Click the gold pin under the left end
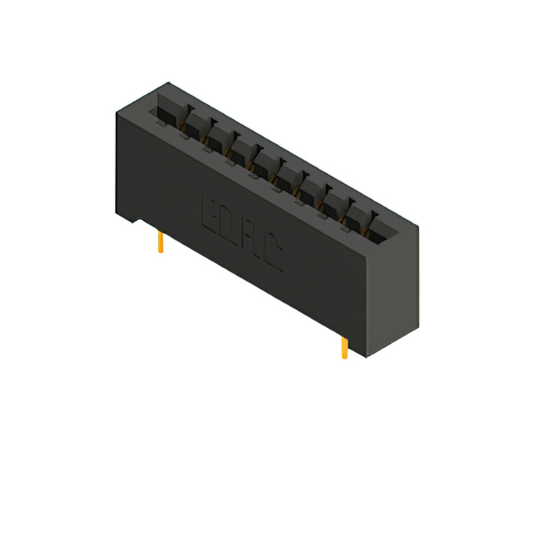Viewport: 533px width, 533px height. click(x=160, y=242)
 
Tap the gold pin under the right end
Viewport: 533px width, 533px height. click(x=344, y=347)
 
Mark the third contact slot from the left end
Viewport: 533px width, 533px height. click(x=218, y=136)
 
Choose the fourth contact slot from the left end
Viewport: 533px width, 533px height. click(x=242, y=148)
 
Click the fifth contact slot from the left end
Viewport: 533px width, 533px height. click(x=265, y=161)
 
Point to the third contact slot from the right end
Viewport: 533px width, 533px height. click(x=335, y=199)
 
